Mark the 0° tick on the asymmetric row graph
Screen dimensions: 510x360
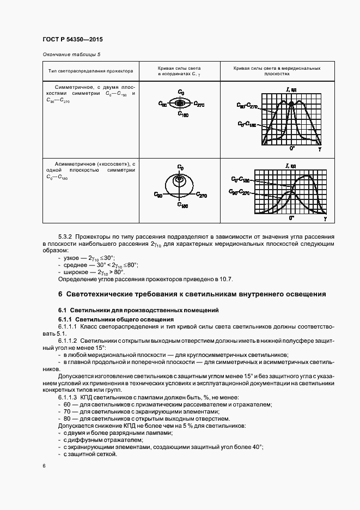tap(292, 217)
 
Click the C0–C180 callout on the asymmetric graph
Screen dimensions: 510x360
tap(240, 179)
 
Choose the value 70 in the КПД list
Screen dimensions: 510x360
tap(68, 412)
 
